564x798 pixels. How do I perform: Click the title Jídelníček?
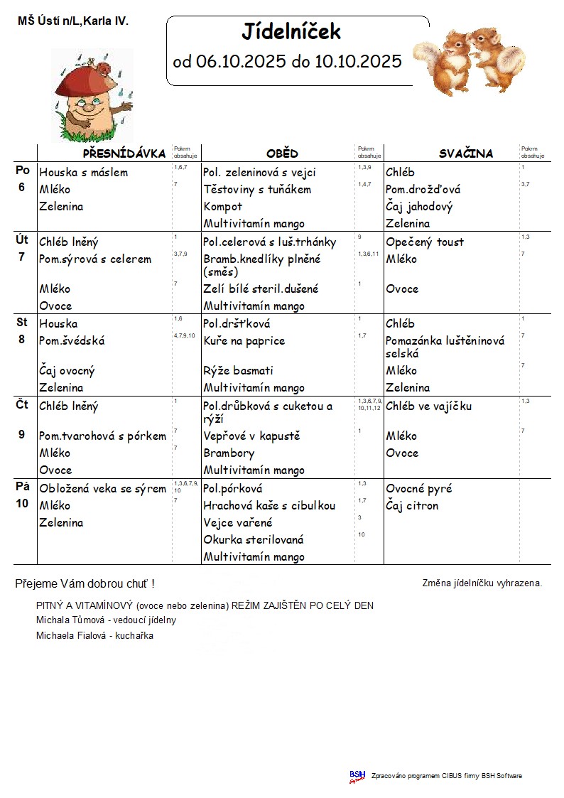coord(291,32)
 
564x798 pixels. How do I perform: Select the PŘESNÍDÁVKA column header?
coord(124,153)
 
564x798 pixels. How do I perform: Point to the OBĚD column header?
coord(282,153)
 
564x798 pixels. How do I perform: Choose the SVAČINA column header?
coord(465,153)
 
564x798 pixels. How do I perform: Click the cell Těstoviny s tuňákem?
coord(257,190)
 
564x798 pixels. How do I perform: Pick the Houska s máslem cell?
coord(84,173)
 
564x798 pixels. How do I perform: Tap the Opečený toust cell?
coord(425,242)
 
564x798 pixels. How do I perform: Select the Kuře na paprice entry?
coord(244,341)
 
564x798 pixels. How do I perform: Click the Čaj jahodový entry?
coord(419,207)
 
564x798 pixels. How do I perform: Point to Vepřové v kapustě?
coord(251,436)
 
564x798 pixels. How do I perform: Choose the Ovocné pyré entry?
coord(419,489)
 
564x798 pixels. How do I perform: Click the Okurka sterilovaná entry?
coord(254,540)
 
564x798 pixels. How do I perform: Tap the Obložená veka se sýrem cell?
coord(103,489)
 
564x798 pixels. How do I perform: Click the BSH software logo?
coord(357,776)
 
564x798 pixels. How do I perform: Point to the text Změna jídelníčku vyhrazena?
coord(482,583)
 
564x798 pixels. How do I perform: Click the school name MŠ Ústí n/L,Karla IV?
coord(73,22)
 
